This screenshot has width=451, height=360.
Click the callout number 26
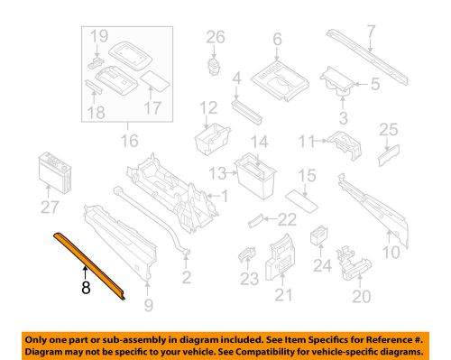point(215,37)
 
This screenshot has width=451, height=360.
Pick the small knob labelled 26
point(214,66)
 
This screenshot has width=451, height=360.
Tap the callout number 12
point(209,109)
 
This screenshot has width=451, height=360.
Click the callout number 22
point(287,218)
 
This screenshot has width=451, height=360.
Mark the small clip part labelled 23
point(246,254)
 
